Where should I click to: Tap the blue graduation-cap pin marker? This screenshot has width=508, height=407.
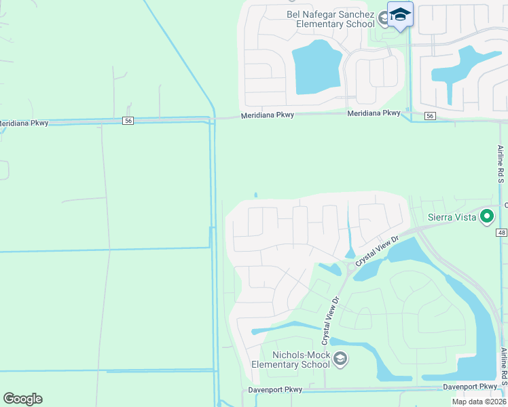(x=400, y=15)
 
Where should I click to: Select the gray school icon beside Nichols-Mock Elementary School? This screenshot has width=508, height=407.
(x=340, y=358)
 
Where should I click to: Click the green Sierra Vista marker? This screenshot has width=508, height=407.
(x=486, y=217)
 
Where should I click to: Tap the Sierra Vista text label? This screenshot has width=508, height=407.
(x=452, y=218)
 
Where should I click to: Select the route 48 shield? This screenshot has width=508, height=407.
(x=501, y=233)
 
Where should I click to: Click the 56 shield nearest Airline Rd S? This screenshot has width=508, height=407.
(x=429, y=117)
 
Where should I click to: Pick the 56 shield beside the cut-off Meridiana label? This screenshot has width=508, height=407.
(x=128, y=120)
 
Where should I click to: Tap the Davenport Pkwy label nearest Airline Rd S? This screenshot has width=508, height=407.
(x=470, y=387)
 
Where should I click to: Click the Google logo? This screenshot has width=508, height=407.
(x=22, y=399)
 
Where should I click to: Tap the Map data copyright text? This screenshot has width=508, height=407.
(x=479, y=402)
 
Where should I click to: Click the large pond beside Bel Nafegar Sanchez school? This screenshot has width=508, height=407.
(x=317, y=67)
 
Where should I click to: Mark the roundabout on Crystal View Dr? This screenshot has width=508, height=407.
(x=351, y=267)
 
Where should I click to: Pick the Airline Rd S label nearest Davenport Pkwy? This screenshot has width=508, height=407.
(x=503, y=369)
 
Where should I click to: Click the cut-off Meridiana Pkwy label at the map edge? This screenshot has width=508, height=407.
(x=23, y=124)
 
